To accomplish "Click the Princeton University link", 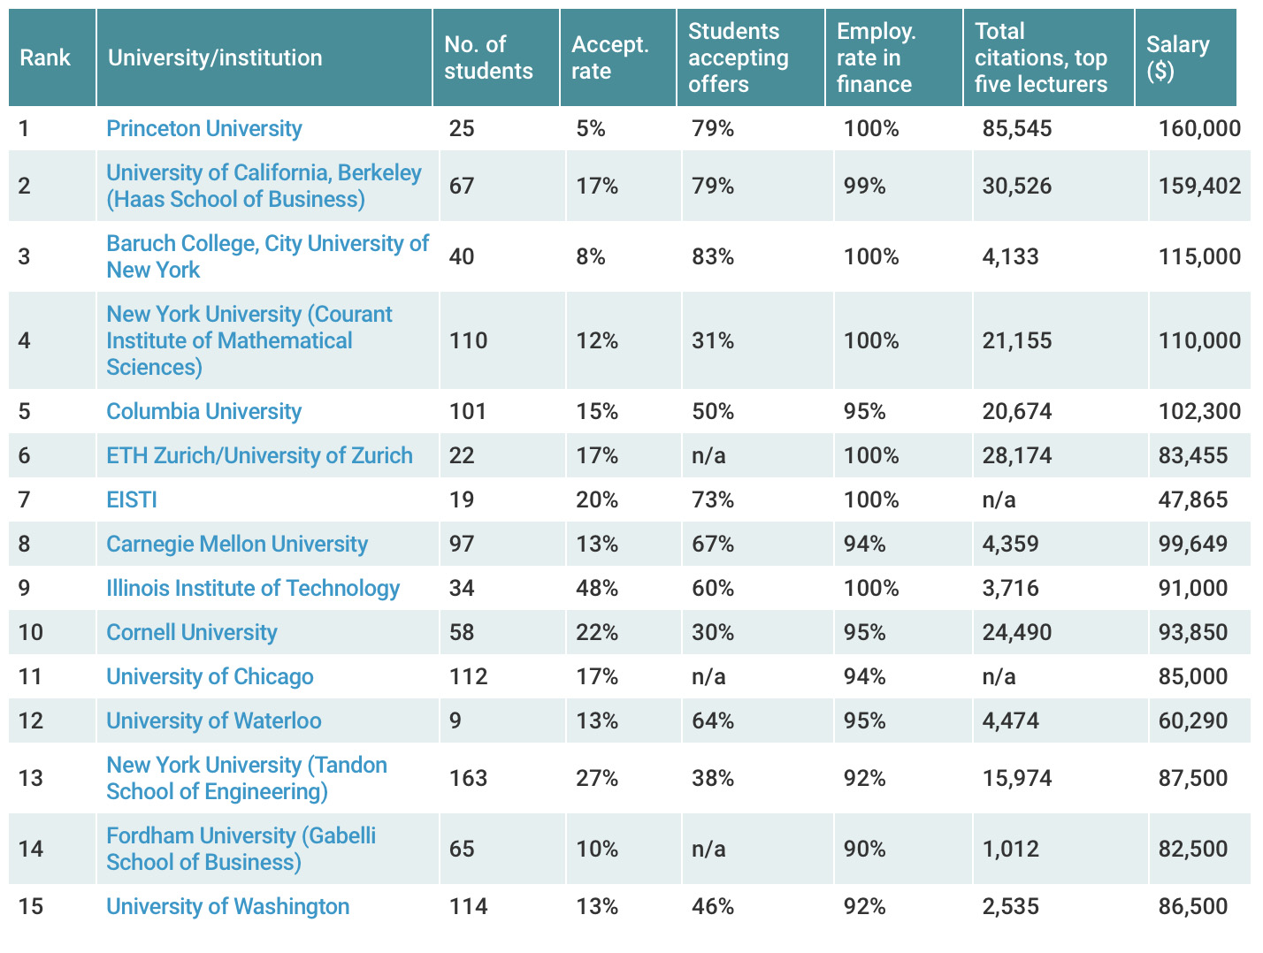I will point(203,128).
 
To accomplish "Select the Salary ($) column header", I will point(1177,57).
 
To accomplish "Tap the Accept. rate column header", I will point(609,57).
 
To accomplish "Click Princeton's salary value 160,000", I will point(1199,128).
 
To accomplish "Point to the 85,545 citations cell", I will point(1017,128).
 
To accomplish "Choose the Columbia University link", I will point(203,411).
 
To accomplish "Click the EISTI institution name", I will point(132,499).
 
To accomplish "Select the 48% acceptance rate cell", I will point(597,588).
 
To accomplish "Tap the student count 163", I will point(468,778).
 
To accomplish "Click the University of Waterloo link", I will point(213,720).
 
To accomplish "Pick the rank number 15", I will point(30,906).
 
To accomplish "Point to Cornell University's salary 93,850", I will point(1193,632).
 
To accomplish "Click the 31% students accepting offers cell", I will point(713,340).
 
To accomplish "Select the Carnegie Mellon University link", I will point(236,544).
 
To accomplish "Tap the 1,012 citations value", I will point(1010,849).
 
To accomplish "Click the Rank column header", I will point(45,57).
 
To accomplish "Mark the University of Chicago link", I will point(210,676).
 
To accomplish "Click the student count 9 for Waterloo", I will point(455,720).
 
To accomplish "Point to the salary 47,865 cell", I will point(1193,499).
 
